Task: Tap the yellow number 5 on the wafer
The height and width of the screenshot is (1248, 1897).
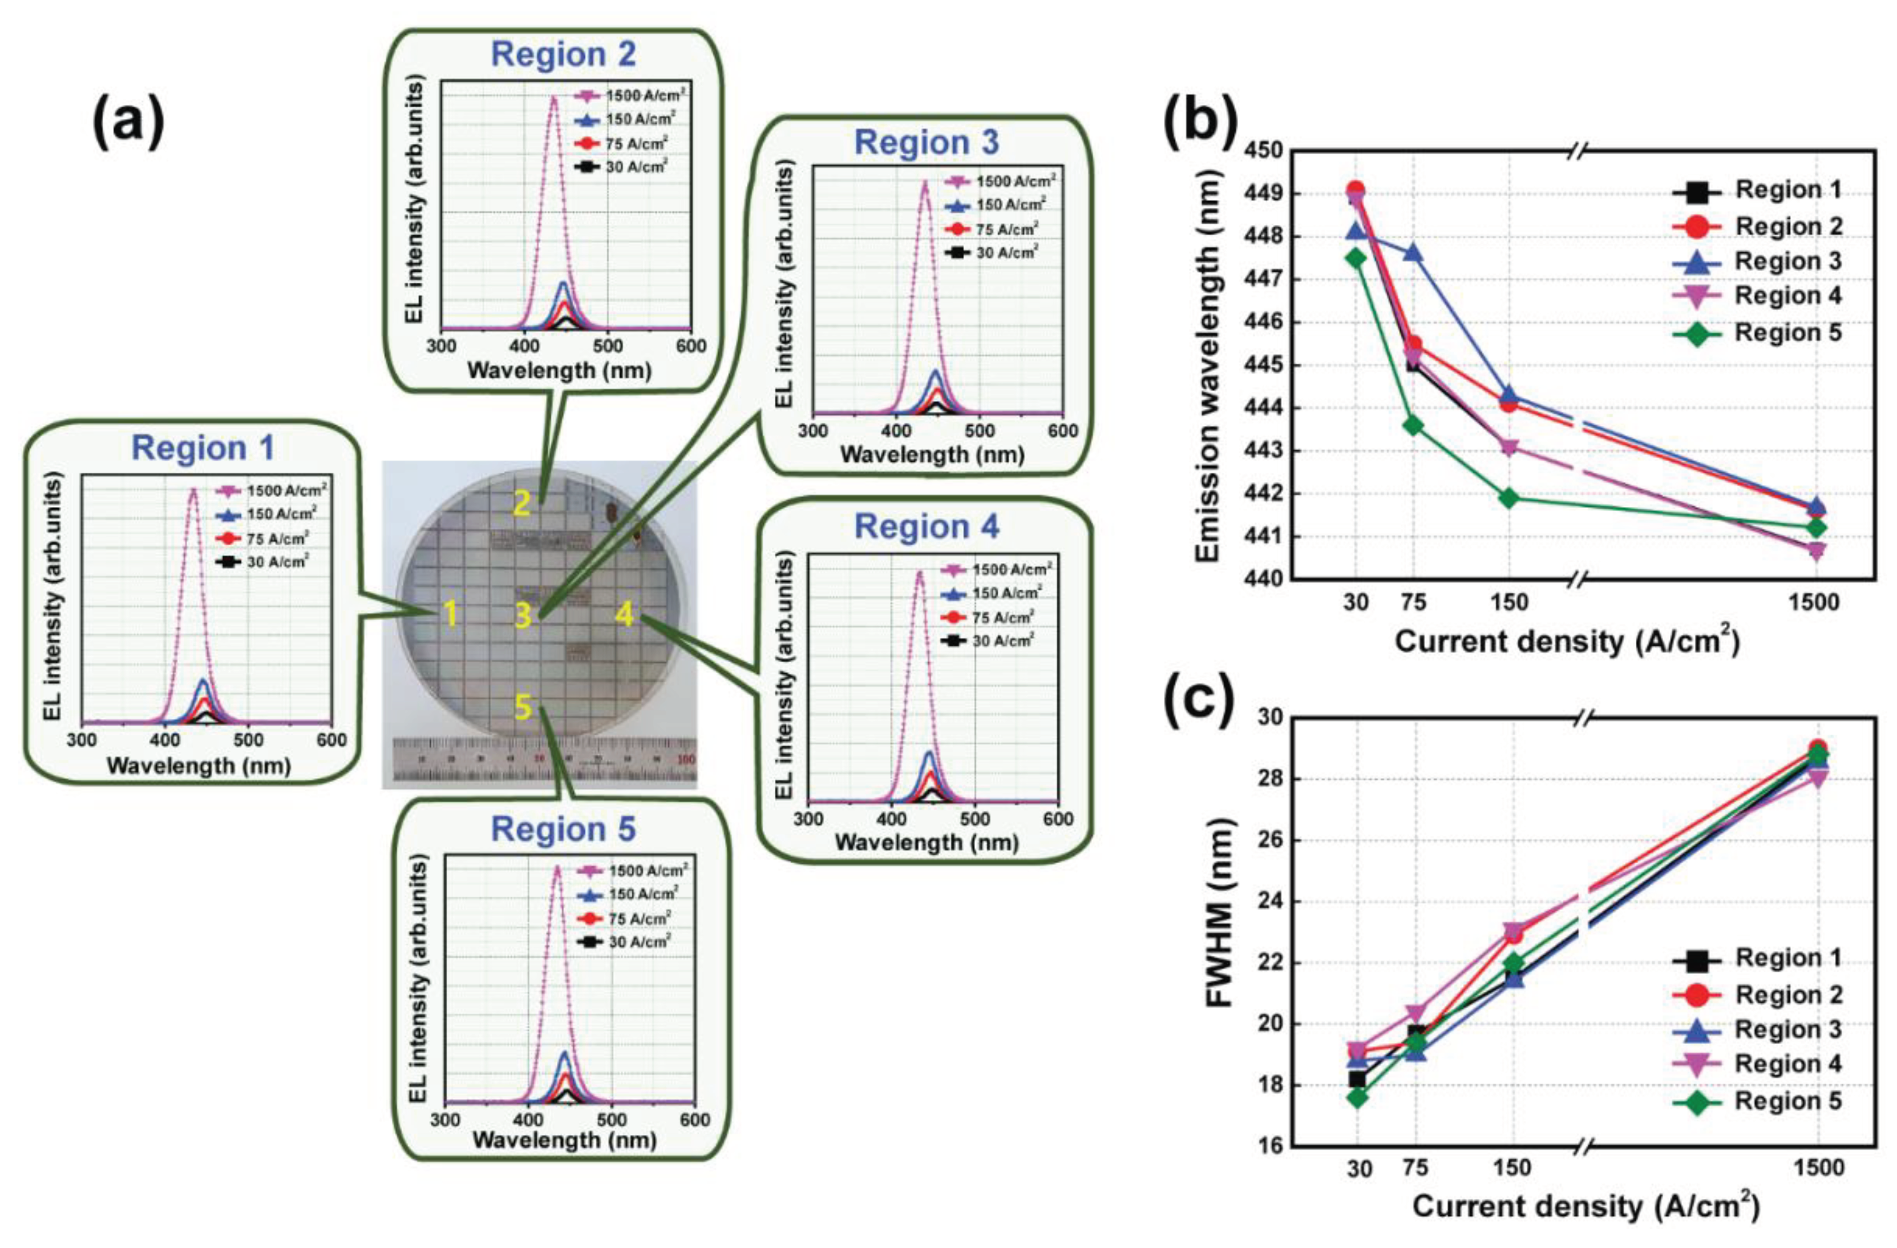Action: click(x=522, y=707)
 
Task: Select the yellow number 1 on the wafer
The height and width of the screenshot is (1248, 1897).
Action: click(x=450, y=614)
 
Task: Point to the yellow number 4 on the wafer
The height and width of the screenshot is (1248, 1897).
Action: click(x=624, y=614)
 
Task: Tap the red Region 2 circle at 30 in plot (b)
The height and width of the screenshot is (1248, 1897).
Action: click(x=1356, y=190)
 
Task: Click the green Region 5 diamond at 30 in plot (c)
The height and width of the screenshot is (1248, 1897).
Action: click(x=1357, y=1097)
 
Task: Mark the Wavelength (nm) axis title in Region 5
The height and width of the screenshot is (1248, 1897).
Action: click(x=564, y=1140)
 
